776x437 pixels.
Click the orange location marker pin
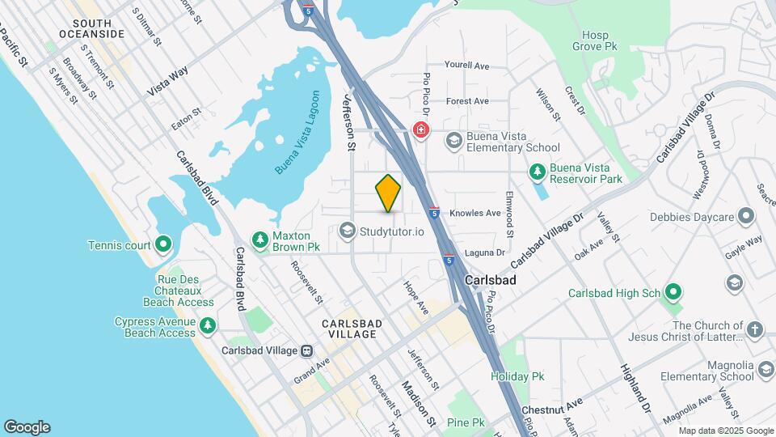389,193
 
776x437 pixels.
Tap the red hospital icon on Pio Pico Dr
420,129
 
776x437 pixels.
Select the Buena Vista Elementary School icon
453,141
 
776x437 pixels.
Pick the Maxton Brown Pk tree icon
259,240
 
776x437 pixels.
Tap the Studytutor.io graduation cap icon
348,231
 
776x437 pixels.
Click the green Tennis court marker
162,243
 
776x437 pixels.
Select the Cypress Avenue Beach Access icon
209,325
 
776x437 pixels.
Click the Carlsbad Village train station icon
307,350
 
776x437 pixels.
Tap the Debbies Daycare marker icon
745,216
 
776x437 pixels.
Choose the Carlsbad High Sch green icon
674,293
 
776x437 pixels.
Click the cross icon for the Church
754,329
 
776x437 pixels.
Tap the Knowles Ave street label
475,214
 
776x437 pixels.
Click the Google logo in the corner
27,426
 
